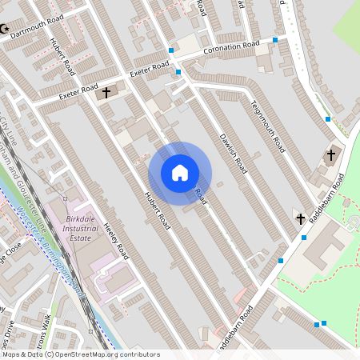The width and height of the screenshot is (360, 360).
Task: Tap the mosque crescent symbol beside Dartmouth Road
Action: (x=7, y=30)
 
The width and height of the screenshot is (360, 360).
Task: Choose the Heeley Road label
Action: (x=117, y=240)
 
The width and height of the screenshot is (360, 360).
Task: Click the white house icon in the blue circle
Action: (x=180, y=173)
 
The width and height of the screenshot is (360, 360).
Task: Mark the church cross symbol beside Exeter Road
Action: (x=105, y=94)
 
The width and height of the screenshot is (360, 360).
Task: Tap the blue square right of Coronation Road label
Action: (x=275, y=39)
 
